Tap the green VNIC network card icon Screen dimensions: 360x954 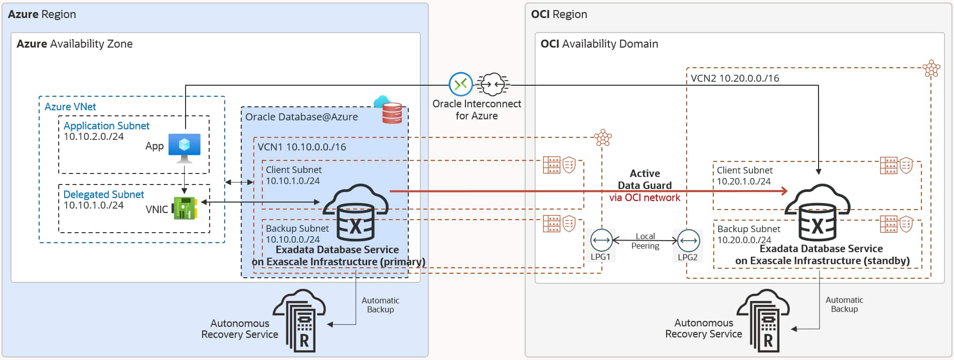click(x=185, y=208)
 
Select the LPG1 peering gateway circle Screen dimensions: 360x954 click(x=601, y=240)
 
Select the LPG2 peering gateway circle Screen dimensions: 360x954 click(x=688, y=240)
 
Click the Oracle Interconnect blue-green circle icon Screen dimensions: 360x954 click(x=460, y=84)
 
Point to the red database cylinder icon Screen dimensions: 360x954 click(x=392, y=113)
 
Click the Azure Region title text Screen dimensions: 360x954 click(x=42, y=15)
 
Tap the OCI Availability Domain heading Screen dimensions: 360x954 click(x=599, y=44)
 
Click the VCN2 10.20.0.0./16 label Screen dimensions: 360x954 click(x=734, y=78)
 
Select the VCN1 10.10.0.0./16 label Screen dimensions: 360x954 click(x=301, y=147)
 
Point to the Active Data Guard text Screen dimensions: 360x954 click(x=645, y=179)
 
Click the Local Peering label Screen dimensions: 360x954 click(x=645, y=241)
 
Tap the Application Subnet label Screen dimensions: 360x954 click(x=106, y=126)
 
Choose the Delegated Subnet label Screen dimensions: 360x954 click(x=103, y=195)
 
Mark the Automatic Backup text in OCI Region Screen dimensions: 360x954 click(x=844, y=304)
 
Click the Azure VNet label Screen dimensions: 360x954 click(x=70, y=107)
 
